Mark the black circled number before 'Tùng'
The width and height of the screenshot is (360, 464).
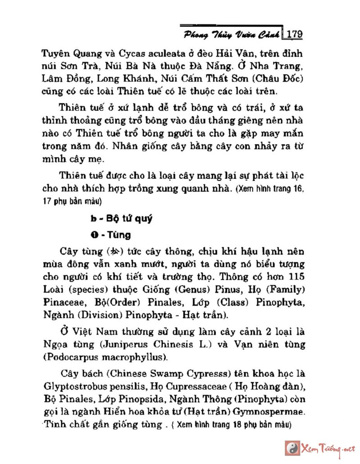[x=93, y=235]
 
